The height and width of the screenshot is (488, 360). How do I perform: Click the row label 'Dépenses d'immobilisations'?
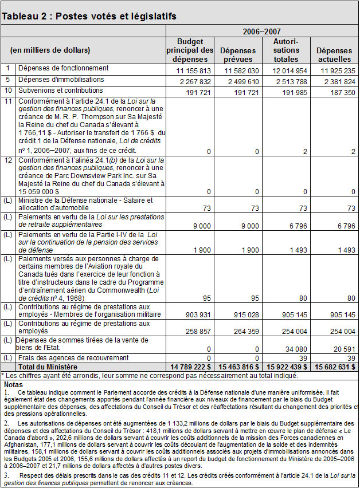coord(61,80)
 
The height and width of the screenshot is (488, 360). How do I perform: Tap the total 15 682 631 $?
coord(334,366)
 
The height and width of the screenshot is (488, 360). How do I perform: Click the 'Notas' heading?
coord(13,383)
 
